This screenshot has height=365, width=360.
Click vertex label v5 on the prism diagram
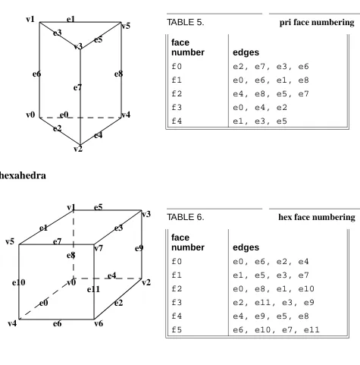click(x=126, y=26)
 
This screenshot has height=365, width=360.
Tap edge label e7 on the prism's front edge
click(x=77, y=87)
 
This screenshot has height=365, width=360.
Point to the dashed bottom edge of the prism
click(x=80, y=118)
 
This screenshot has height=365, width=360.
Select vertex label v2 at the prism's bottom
click(x=78, y=149)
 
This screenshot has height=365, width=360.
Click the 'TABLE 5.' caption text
click(x=186, y=22)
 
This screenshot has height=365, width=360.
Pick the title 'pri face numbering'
click(x=317, y=23)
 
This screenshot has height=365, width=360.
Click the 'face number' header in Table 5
click(x=188, y=47)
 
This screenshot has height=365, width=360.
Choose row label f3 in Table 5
click(x=177, y=108)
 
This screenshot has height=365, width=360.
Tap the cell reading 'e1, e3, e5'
click(x=260, y=121)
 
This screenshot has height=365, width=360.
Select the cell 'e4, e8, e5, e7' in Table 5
click(x=271, y=94)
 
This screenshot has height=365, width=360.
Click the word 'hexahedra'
click(x=23, y=175)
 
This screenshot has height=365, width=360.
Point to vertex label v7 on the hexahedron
click(x=99, y=248)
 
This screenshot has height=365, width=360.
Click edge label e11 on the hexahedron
click(x=93, y=289)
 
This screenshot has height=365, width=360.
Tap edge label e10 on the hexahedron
click(x=19, y=282)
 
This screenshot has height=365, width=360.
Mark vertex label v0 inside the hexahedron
click(x=71, y=282)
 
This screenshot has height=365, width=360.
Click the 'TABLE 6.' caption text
click(x=186, y=217)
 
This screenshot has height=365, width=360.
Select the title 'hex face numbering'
click(x=317, y=217)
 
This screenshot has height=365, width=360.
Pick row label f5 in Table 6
click(x=177, y=330)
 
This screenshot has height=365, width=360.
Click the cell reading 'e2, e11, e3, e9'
click(x=274, y=303)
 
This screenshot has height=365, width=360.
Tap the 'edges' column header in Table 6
click(x=246, y=247)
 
